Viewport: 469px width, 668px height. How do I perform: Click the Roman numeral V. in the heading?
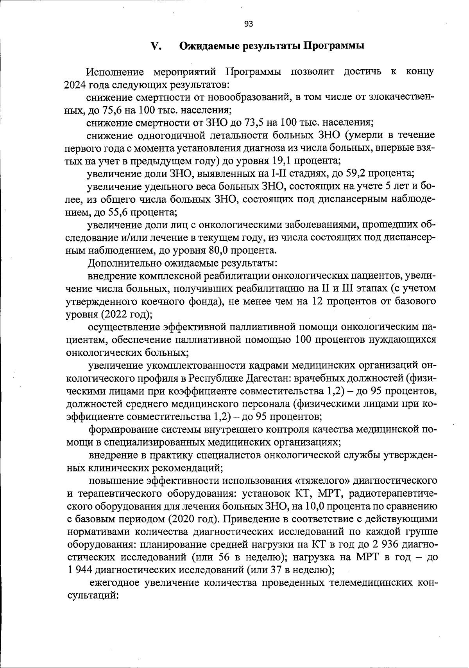point(157,46)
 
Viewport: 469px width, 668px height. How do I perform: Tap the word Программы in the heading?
point(334,46)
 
